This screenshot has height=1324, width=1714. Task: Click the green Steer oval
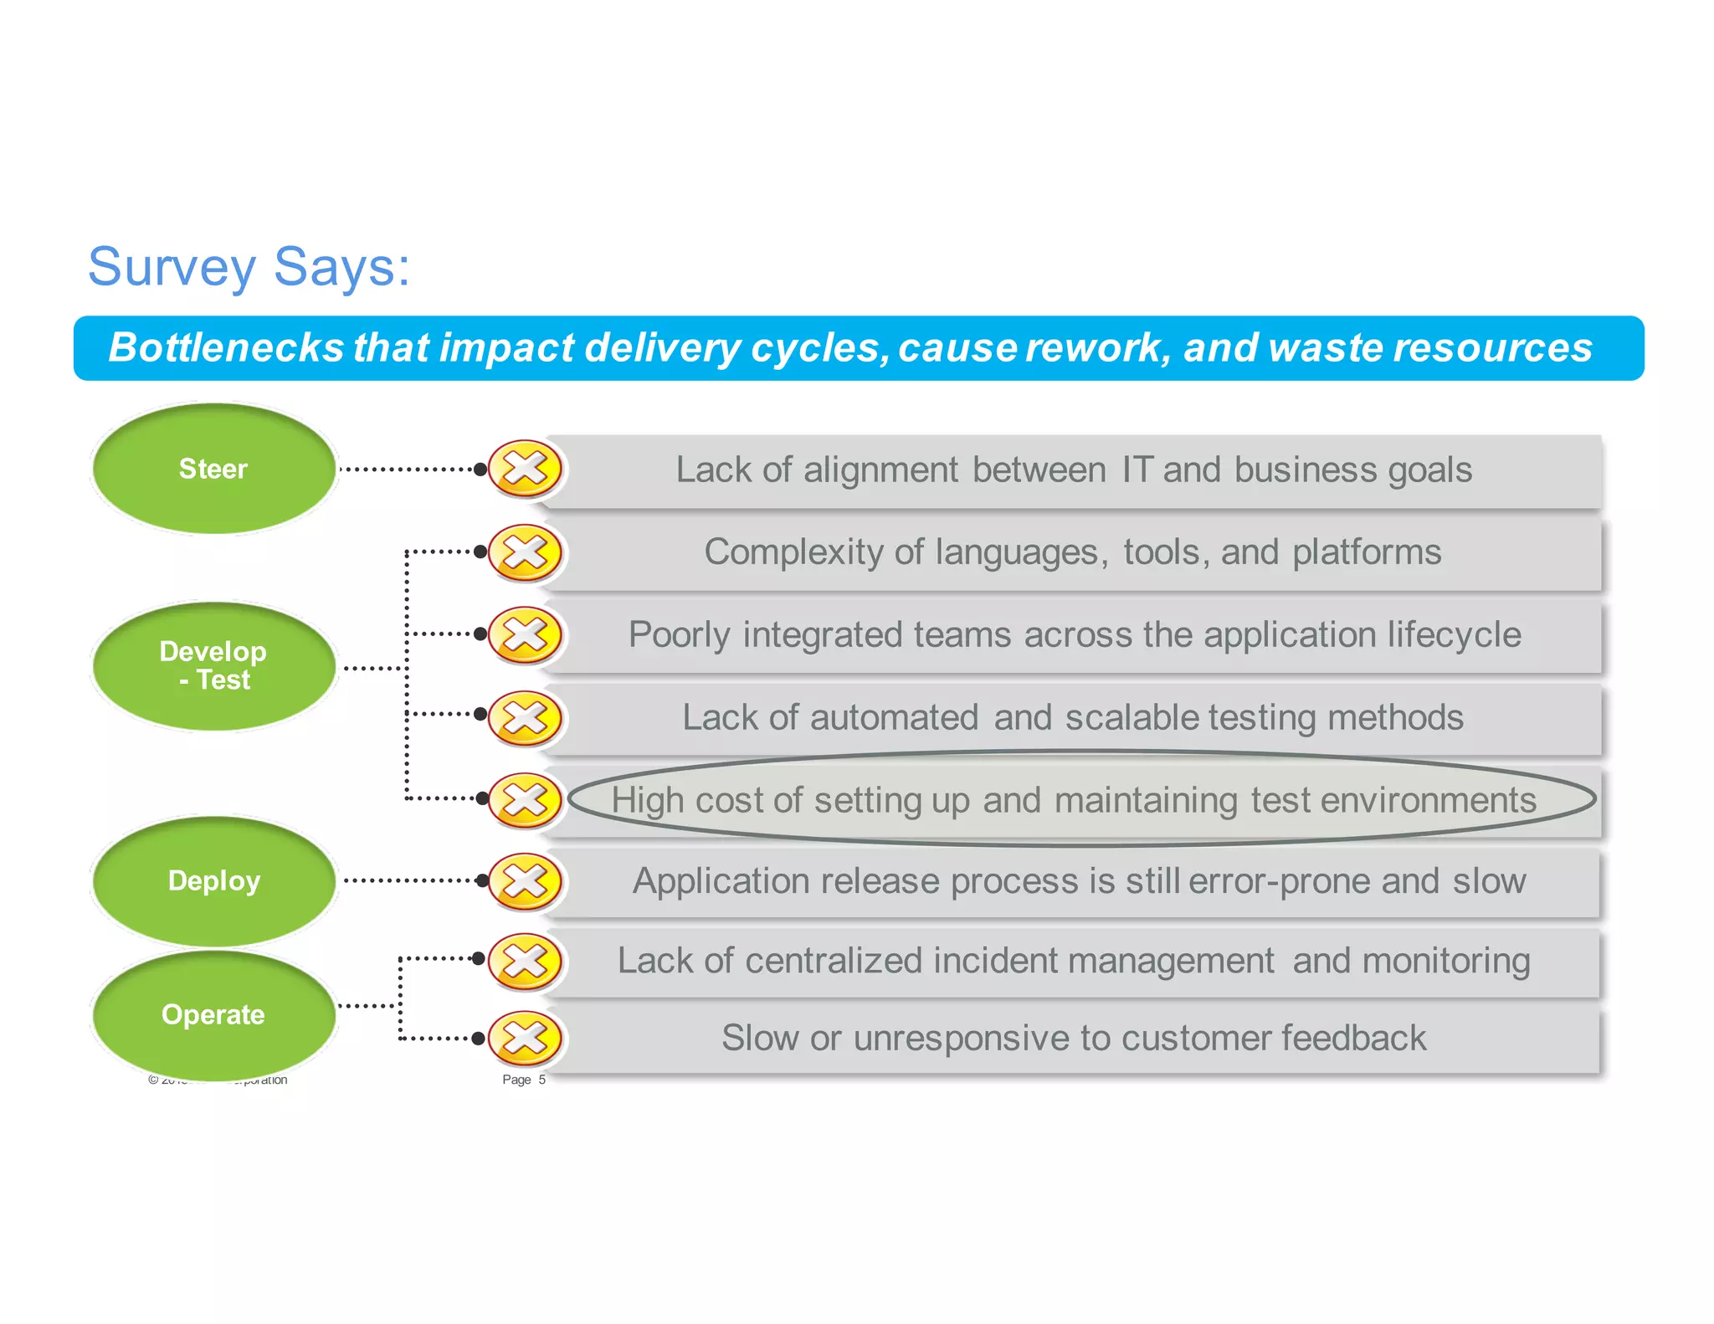tap(213, 469)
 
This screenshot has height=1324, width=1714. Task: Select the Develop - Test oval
tap(213, 666)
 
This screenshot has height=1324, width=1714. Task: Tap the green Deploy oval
tap(213, 880)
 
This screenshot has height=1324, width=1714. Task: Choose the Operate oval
tap(213, 1014)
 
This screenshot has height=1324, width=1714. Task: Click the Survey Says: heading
tap(249, 268)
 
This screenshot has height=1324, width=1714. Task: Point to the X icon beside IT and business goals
tap(525, 469)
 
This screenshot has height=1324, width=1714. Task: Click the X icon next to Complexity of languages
tap(525, 552)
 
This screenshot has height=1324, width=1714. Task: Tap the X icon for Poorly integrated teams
tap(525, 634)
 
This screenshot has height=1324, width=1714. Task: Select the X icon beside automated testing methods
tap(525, 717)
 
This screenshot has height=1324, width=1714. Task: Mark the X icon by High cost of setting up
tap(525, 799)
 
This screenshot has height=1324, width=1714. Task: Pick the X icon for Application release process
tap(525, 880)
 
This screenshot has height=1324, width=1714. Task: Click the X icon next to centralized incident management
tap(525, 961)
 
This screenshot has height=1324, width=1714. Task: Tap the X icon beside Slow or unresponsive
tap(525, 1039)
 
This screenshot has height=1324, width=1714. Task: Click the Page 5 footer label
tap(523, 1080)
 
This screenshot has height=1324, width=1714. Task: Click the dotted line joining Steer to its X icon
tap(408, 470)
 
